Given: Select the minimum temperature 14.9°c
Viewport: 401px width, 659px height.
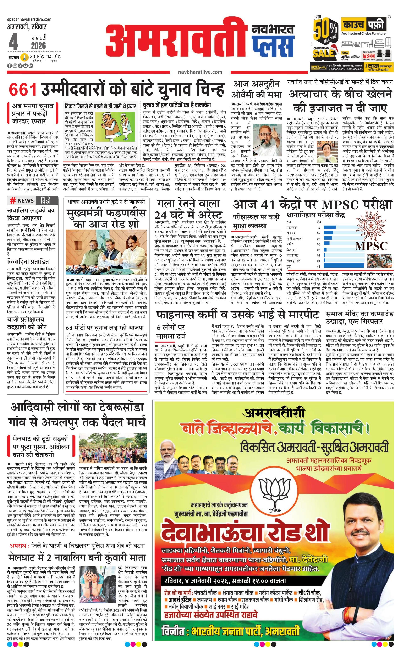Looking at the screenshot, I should tap(54, 57).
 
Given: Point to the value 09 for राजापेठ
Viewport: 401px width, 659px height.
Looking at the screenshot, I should tap(318, 233).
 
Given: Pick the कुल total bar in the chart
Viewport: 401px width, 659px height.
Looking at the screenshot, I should tap(344, 266).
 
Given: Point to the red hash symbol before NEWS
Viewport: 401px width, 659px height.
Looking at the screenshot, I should tap(13, 200).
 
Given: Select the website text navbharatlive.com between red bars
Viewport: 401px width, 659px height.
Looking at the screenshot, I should tap(200, 72).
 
